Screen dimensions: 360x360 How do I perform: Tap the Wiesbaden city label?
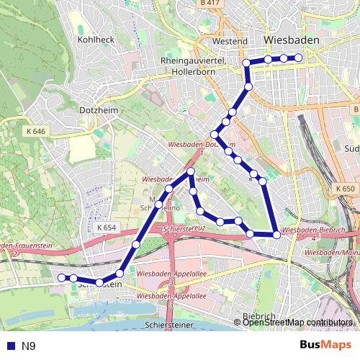coord(292,39)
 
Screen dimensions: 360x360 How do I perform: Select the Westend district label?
coord(230,41)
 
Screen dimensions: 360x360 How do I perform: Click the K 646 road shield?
coord(35,132)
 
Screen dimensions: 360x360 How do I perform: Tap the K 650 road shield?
coord(346,189)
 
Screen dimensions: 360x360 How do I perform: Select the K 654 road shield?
coord(106,228)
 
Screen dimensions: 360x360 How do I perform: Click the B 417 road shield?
coord(210,4)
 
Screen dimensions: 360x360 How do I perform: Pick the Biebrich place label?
coord(258,316)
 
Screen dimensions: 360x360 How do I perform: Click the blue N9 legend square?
coord(11,346)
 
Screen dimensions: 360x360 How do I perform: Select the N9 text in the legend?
coord(29,346)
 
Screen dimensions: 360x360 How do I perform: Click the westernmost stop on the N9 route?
coord(62,277)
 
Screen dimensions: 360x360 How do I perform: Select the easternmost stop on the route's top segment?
coord(300,58)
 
